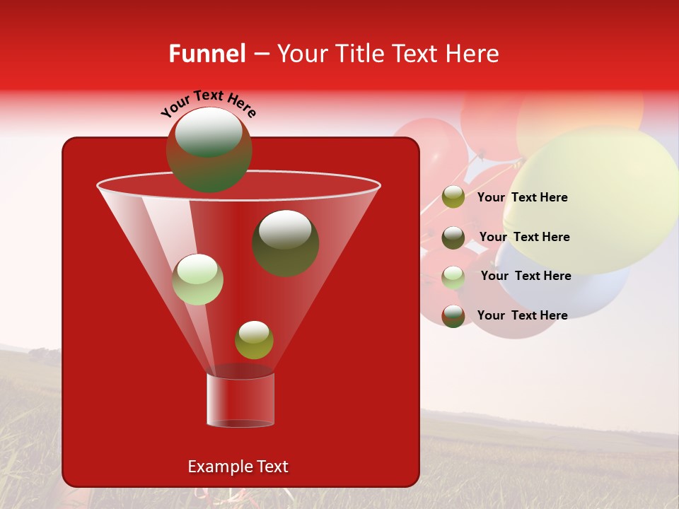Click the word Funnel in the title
[x=207, y=54]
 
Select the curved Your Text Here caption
[x=208, y=103]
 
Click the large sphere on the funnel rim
[x=209, y=150]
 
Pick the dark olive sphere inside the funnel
[x=285, y=242]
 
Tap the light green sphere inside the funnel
[x=197, y=279]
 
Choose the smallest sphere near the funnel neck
[x=254, y=340]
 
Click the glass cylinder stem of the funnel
[x=240, y=400]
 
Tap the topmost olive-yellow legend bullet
[x=453, y=197]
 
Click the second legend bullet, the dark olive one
[x=453, y=237]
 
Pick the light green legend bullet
[x=453, y=276]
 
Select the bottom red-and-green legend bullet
[x=453, y=315]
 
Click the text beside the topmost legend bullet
[x=522, y=197]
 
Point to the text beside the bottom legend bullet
[x=522, y=315]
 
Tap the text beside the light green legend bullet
[x=526, y=276]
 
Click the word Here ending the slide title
[x=473, y=54]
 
